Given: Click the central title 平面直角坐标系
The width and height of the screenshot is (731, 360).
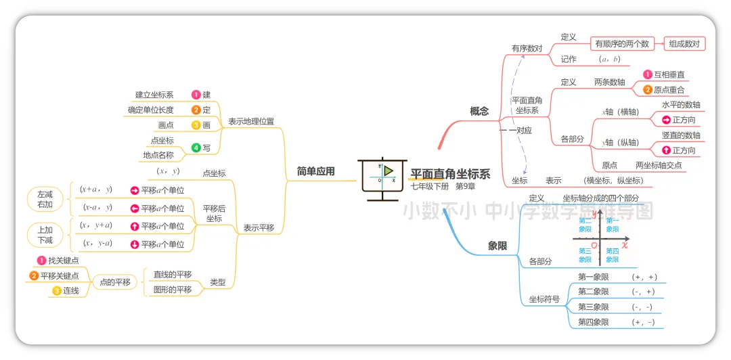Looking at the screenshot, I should [451, 174].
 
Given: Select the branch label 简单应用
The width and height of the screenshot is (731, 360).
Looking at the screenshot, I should [315, 171].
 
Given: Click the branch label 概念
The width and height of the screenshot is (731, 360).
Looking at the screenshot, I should [479, 111].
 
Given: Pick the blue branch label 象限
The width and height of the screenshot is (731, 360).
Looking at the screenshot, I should [497, 246].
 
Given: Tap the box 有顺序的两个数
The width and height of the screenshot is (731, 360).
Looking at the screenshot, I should [621, 44].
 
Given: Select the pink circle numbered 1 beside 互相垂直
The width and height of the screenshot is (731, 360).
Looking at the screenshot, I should [647, 74].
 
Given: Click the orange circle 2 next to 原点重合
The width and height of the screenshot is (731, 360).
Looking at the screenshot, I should [647, 90].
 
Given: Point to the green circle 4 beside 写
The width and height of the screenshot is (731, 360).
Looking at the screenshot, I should [196, 148].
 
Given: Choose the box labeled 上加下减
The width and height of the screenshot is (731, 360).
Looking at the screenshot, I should [45, 235].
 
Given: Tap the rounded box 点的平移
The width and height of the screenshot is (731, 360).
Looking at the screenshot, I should [115, 282].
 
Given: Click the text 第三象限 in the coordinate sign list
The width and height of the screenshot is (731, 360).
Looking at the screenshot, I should [593, 307].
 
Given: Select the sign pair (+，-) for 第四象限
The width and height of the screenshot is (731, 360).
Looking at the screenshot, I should [642, 323].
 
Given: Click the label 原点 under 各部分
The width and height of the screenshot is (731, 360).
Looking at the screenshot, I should [609, 165].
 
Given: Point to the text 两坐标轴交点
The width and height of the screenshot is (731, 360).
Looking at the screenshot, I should [659, 165].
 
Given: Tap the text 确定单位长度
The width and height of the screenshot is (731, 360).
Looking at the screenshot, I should [151, 110].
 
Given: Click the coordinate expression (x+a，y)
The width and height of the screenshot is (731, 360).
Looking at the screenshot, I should [95, 190].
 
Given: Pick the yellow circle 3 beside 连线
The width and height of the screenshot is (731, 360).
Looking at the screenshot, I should [56, 291].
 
